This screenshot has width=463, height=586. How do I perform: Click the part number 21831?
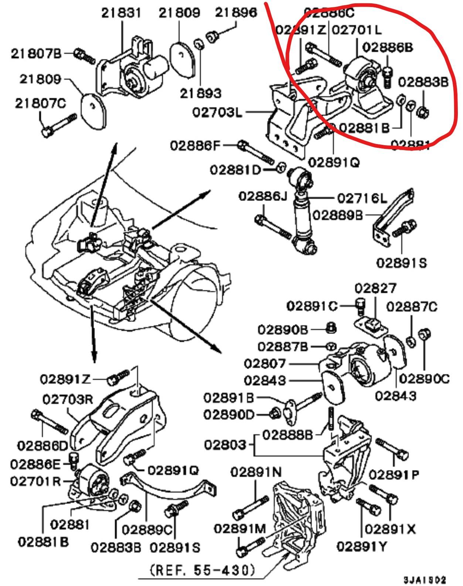[x=121, y=13]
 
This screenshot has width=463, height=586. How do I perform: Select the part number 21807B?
[x=36, y=54]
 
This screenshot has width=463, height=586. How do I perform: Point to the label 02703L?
[x=217, y=112]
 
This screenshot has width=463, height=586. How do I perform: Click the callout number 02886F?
[x=195, y=145]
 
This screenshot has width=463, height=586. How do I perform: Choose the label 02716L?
[x=362, y=198]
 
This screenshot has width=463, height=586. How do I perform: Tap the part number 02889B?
[x=338, y=215]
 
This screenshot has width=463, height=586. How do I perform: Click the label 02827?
[x=375, y=288]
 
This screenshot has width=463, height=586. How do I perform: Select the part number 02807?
[x=265, y=364]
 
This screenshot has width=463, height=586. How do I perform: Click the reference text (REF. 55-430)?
[x=202, y=570]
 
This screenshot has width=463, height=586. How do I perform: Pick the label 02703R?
[x=68, y=399]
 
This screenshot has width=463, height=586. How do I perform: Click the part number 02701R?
[x=35, y=481]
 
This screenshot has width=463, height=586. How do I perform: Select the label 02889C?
[x=147, y=530]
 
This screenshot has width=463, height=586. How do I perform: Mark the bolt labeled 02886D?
[x=50, y=422]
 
